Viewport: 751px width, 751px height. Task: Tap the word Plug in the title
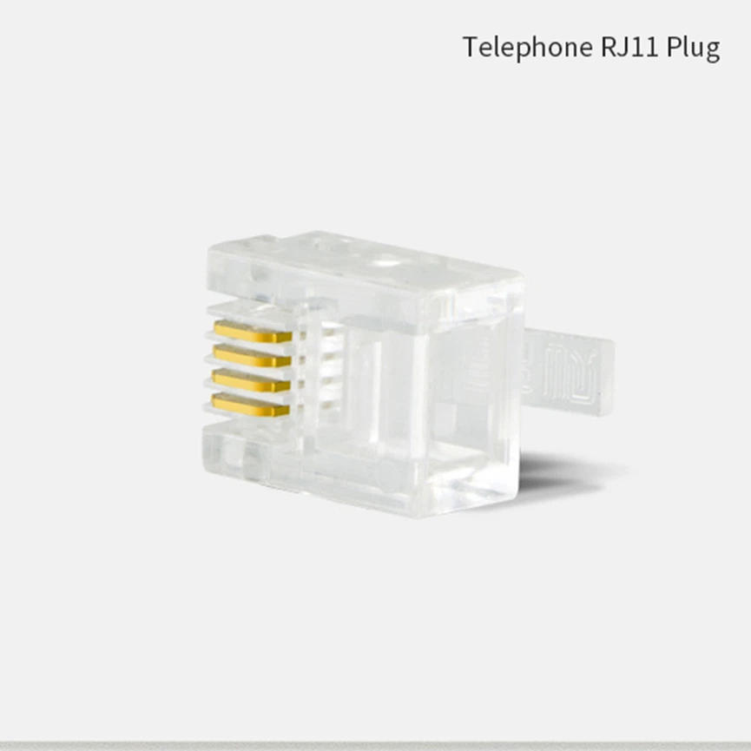[694, 47]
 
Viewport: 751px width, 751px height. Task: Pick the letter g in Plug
[711, 49]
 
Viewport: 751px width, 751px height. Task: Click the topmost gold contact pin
[252, 332]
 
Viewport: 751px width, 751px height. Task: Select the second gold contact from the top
[252, 356]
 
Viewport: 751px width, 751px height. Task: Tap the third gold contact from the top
[252, 380]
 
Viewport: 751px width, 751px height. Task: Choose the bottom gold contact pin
[252, 405]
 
